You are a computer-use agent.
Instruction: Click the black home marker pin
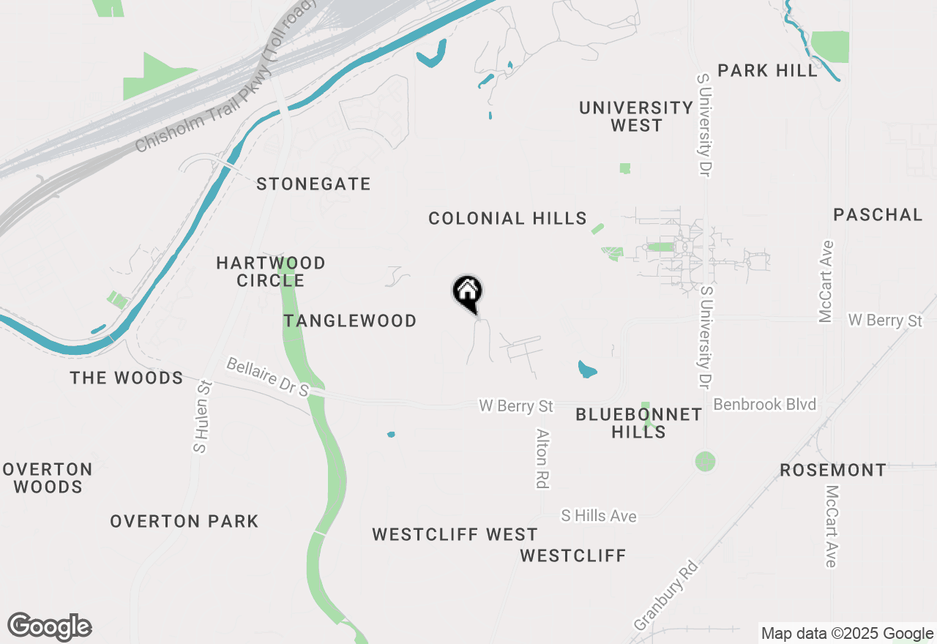point(468,293)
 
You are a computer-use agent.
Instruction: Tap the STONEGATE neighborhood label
point(313,184)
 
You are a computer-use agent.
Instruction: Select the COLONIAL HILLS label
point(507,218)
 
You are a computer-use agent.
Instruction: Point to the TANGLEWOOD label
point(350,321)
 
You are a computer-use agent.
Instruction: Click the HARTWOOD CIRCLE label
point(271,272)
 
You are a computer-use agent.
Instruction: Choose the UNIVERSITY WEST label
point(635,116)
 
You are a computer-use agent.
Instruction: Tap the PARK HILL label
point(767,71)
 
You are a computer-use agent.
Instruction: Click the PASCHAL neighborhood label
point(878,214)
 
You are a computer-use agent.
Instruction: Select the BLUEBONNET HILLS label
point(638,423)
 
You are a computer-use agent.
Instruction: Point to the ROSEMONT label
point(832,470)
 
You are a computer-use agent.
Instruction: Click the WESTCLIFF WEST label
point(455,534)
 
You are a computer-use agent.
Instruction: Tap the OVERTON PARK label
point(184,521)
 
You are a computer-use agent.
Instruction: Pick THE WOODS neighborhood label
point(127,378)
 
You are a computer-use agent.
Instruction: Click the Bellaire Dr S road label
point(268,378)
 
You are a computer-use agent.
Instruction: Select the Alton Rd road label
point(542,458)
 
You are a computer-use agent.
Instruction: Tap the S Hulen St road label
point(200,416)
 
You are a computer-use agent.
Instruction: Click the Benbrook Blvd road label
point(764,405)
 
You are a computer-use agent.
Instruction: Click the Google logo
point(50,627)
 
